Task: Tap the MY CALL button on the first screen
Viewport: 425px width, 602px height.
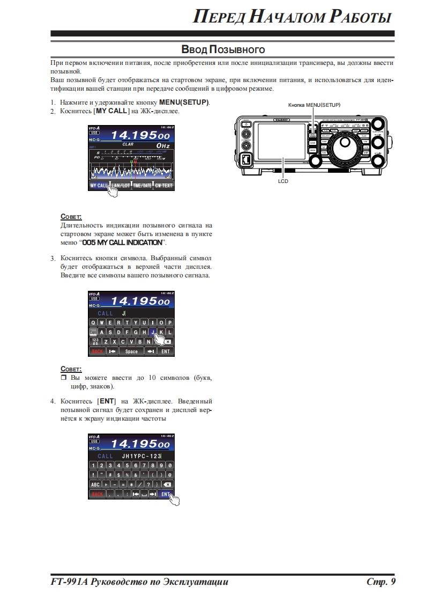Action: [x=99, y=186]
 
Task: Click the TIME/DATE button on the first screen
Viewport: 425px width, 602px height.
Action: [x=142, y=186]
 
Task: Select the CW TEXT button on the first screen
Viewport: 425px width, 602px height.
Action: [x=163, y=186]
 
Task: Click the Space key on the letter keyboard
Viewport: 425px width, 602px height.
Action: [x=131, y=351]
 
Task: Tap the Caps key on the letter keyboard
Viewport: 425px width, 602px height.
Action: [x=93, y=332]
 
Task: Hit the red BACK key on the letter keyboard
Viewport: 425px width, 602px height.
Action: [x=97, y=351]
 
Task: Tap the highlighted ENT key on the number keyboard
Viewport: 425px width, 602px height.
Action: [x=166, y=494]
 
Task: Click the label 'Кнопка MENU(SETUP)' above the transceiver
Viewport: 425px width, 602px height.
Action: [x=314, y=104]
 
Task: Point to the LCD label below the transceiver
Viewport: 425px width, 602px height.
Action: [x=283, y=181]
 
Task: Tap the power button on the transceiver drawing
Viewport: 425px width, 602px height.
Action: [x=246, y=124]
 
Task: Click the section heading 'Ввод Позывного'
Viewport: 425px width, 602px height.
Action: [x=223, y=50]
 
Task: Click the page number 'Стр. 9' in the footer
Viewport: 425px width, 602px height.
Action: [x=381, y=582]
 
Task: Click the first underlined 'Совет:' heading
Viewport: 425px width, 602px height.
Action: [x=71, y=216]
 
